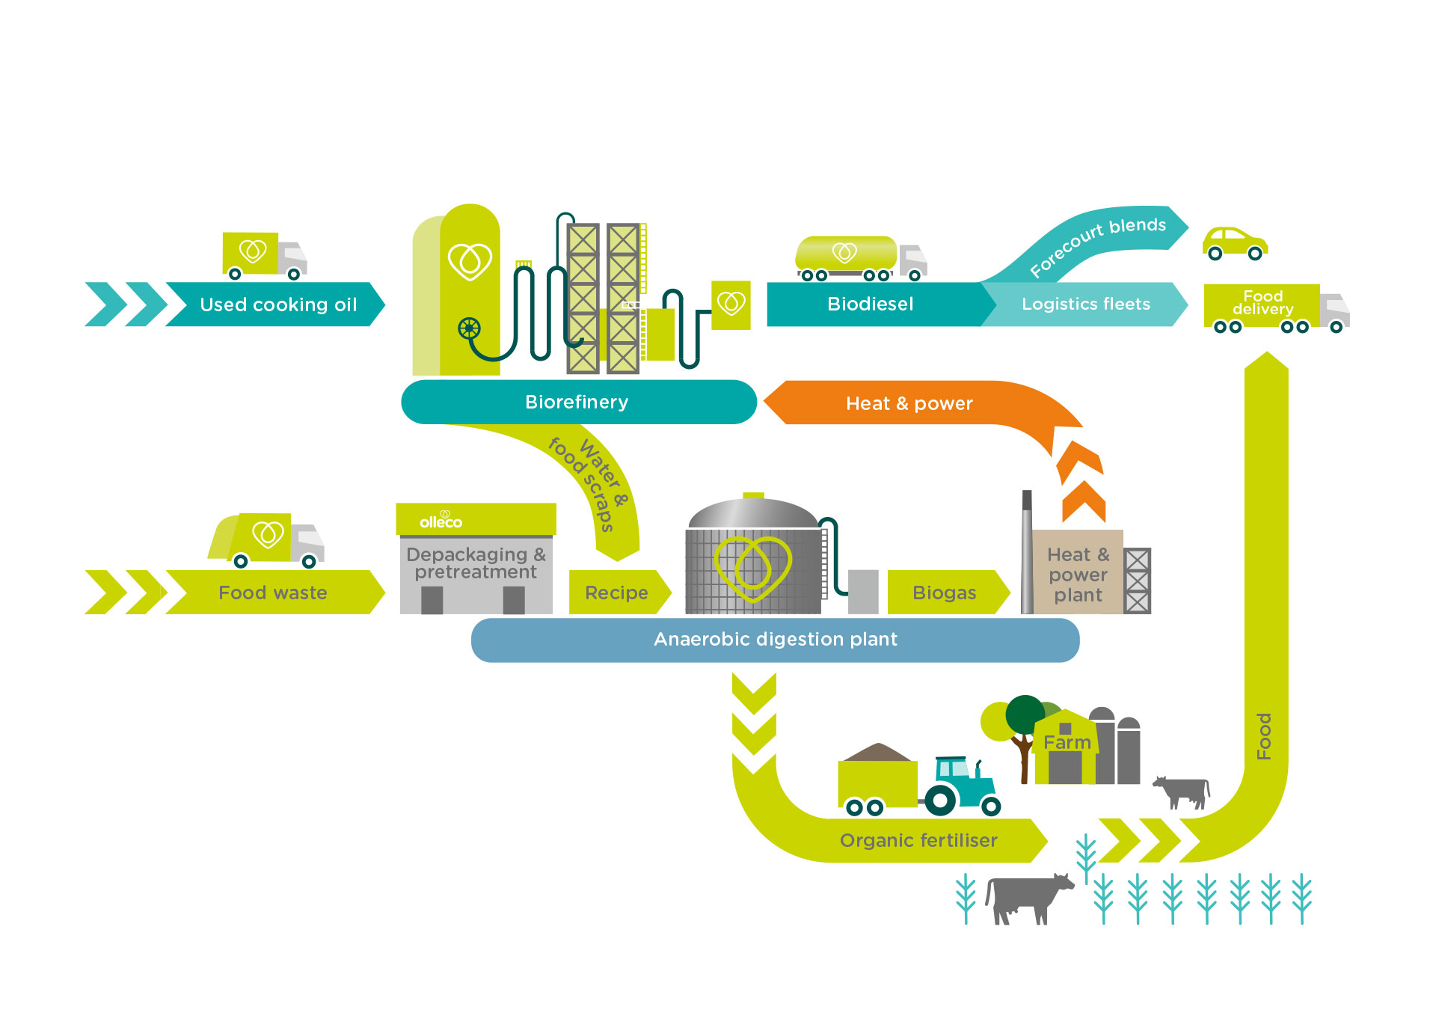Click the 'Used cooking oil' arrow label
277,305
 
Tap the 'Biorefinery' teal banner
577,403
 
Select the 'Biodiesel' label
870,304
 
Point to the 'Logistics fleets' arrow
1085,304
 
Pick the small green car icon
1234,243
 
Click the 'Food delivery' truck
1274,307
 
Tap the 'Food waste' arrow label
272,593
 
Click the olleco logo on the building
441,520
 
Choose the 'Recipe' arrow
616,593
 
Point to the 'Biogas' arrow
945,593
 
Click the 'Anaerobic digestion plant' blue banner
775,640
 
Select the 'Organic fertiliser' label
918,840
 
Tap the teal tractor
962,786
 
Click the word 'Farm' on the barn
1067,742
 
